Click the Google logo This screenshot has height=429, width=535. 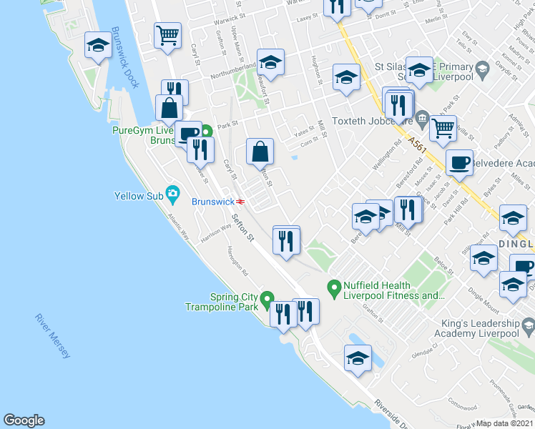pos(24,420)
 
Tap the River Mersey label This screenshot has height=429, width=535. pos(54,335)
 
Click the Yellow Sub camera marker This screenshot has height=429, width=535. pos(172,193)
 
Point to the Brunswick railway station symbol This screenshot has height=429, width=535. pos(241,201)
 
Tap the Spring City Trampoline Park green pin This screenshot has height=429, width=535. pos(267,297)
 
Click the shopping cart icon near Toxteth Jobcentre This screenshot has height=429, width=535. pos(443,129)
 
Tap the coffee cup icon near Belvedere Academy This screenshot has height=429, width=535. pos(459,162)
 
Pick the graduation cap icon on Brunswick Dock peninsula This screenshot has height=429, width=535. pos(98,46)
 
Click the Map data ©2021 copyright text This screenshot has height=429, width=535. pos(505,423)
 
